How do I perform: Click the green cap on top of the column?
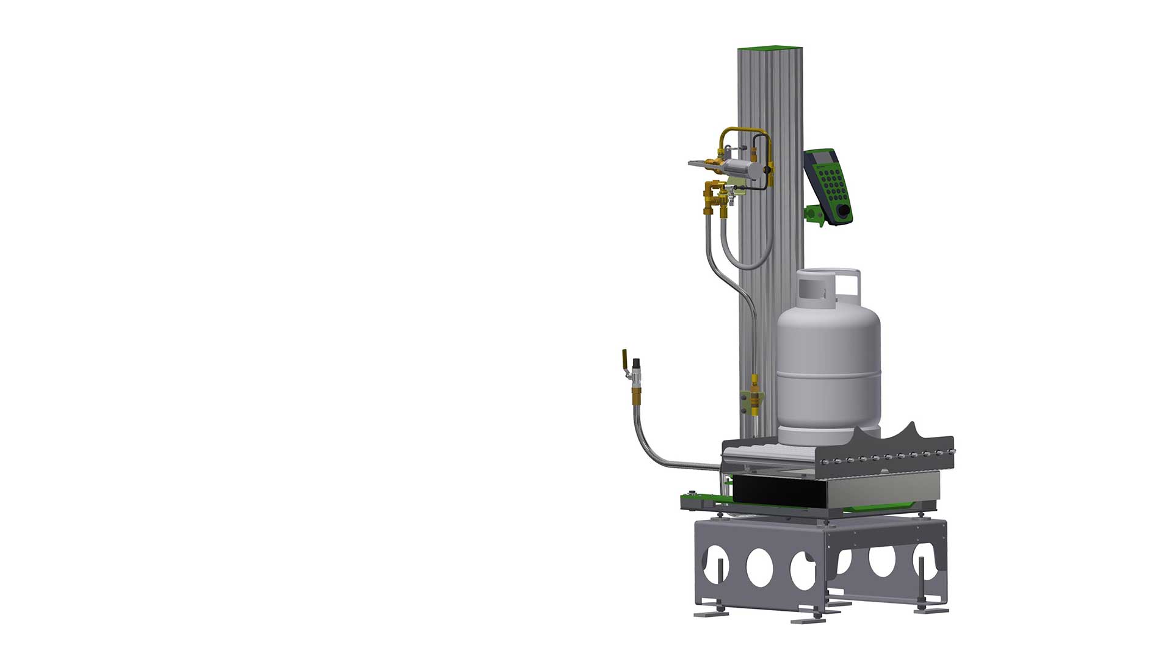(x=770, y=48)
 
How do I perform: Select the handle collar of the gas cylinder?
(x=828, y=287)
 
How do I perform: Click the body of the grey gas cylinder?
(x=828, y=366)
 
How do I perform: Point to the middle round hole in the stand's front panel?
(x=759, y=567)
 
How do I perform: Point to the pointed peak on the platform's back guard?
(x=911, y=425)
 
